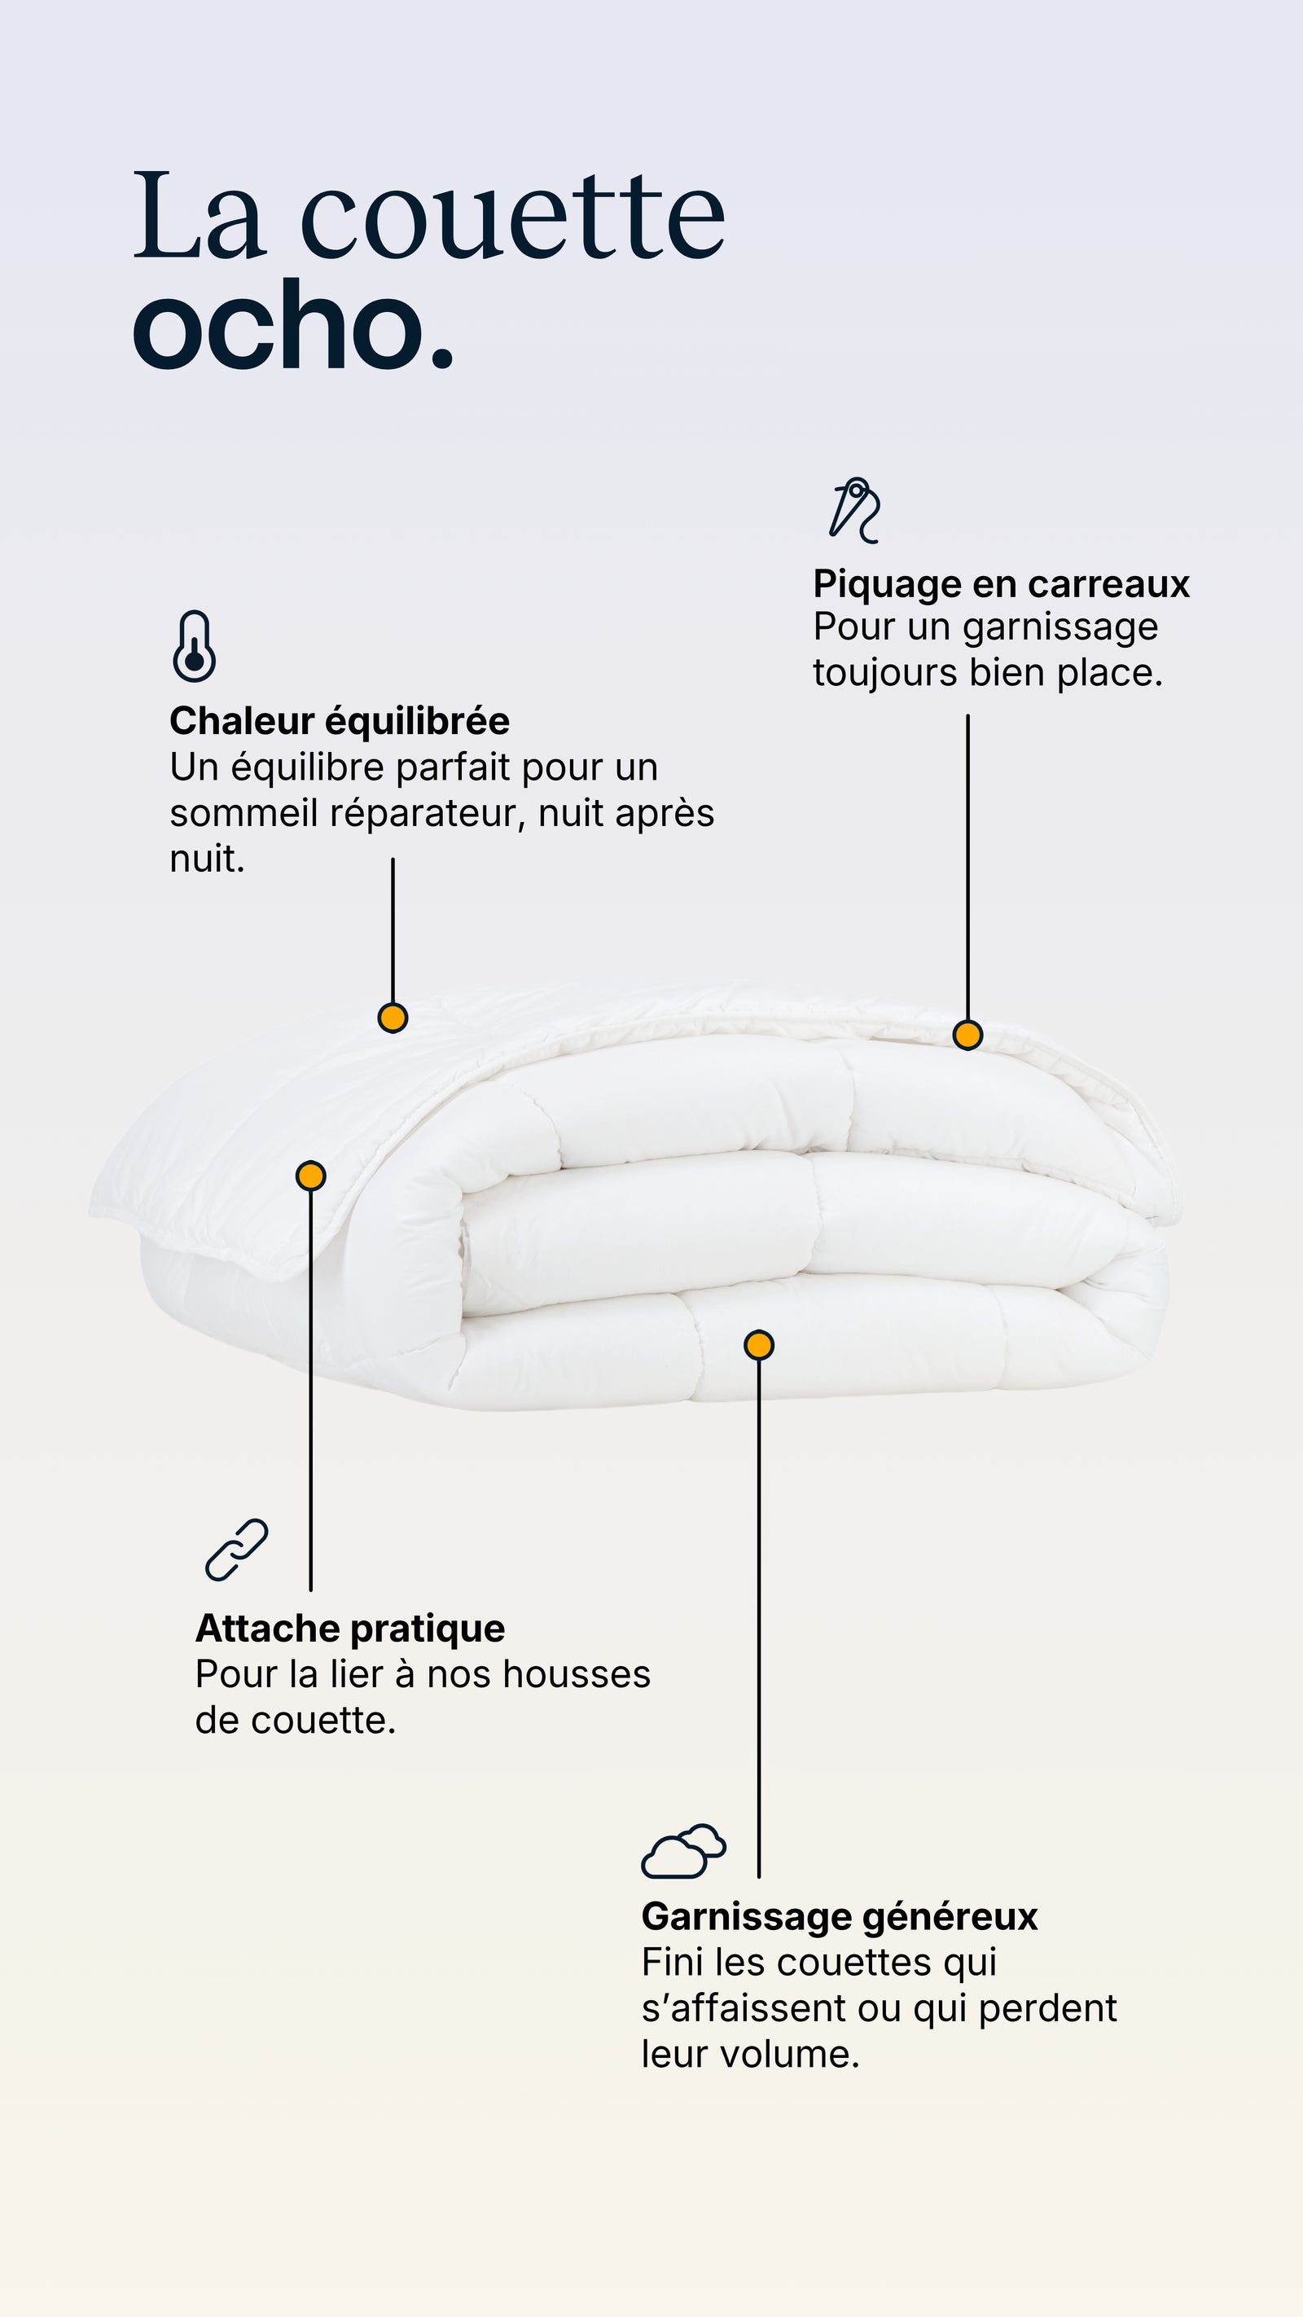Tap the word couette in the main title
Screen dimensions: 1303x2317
511,216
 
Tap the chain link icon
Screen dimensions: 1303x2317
236,1550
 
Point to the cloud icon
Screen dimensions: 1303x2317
683,1851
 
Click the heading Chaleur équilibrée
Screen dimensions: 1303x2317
340,721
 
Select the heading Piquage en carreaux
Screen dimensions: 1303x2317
1001,585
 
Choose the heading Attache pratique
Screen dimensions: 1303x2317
350,1628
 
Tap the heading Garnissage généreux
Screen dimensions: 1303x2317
839,1917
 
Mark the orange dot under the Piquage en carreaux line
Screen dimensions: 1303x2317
967,1035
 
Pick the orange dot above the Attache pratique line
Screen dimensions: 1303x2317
311,1176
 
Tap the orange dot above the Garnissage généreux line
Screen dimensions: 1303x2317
759,1345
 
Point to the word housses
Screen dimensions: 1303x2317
577,1675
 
